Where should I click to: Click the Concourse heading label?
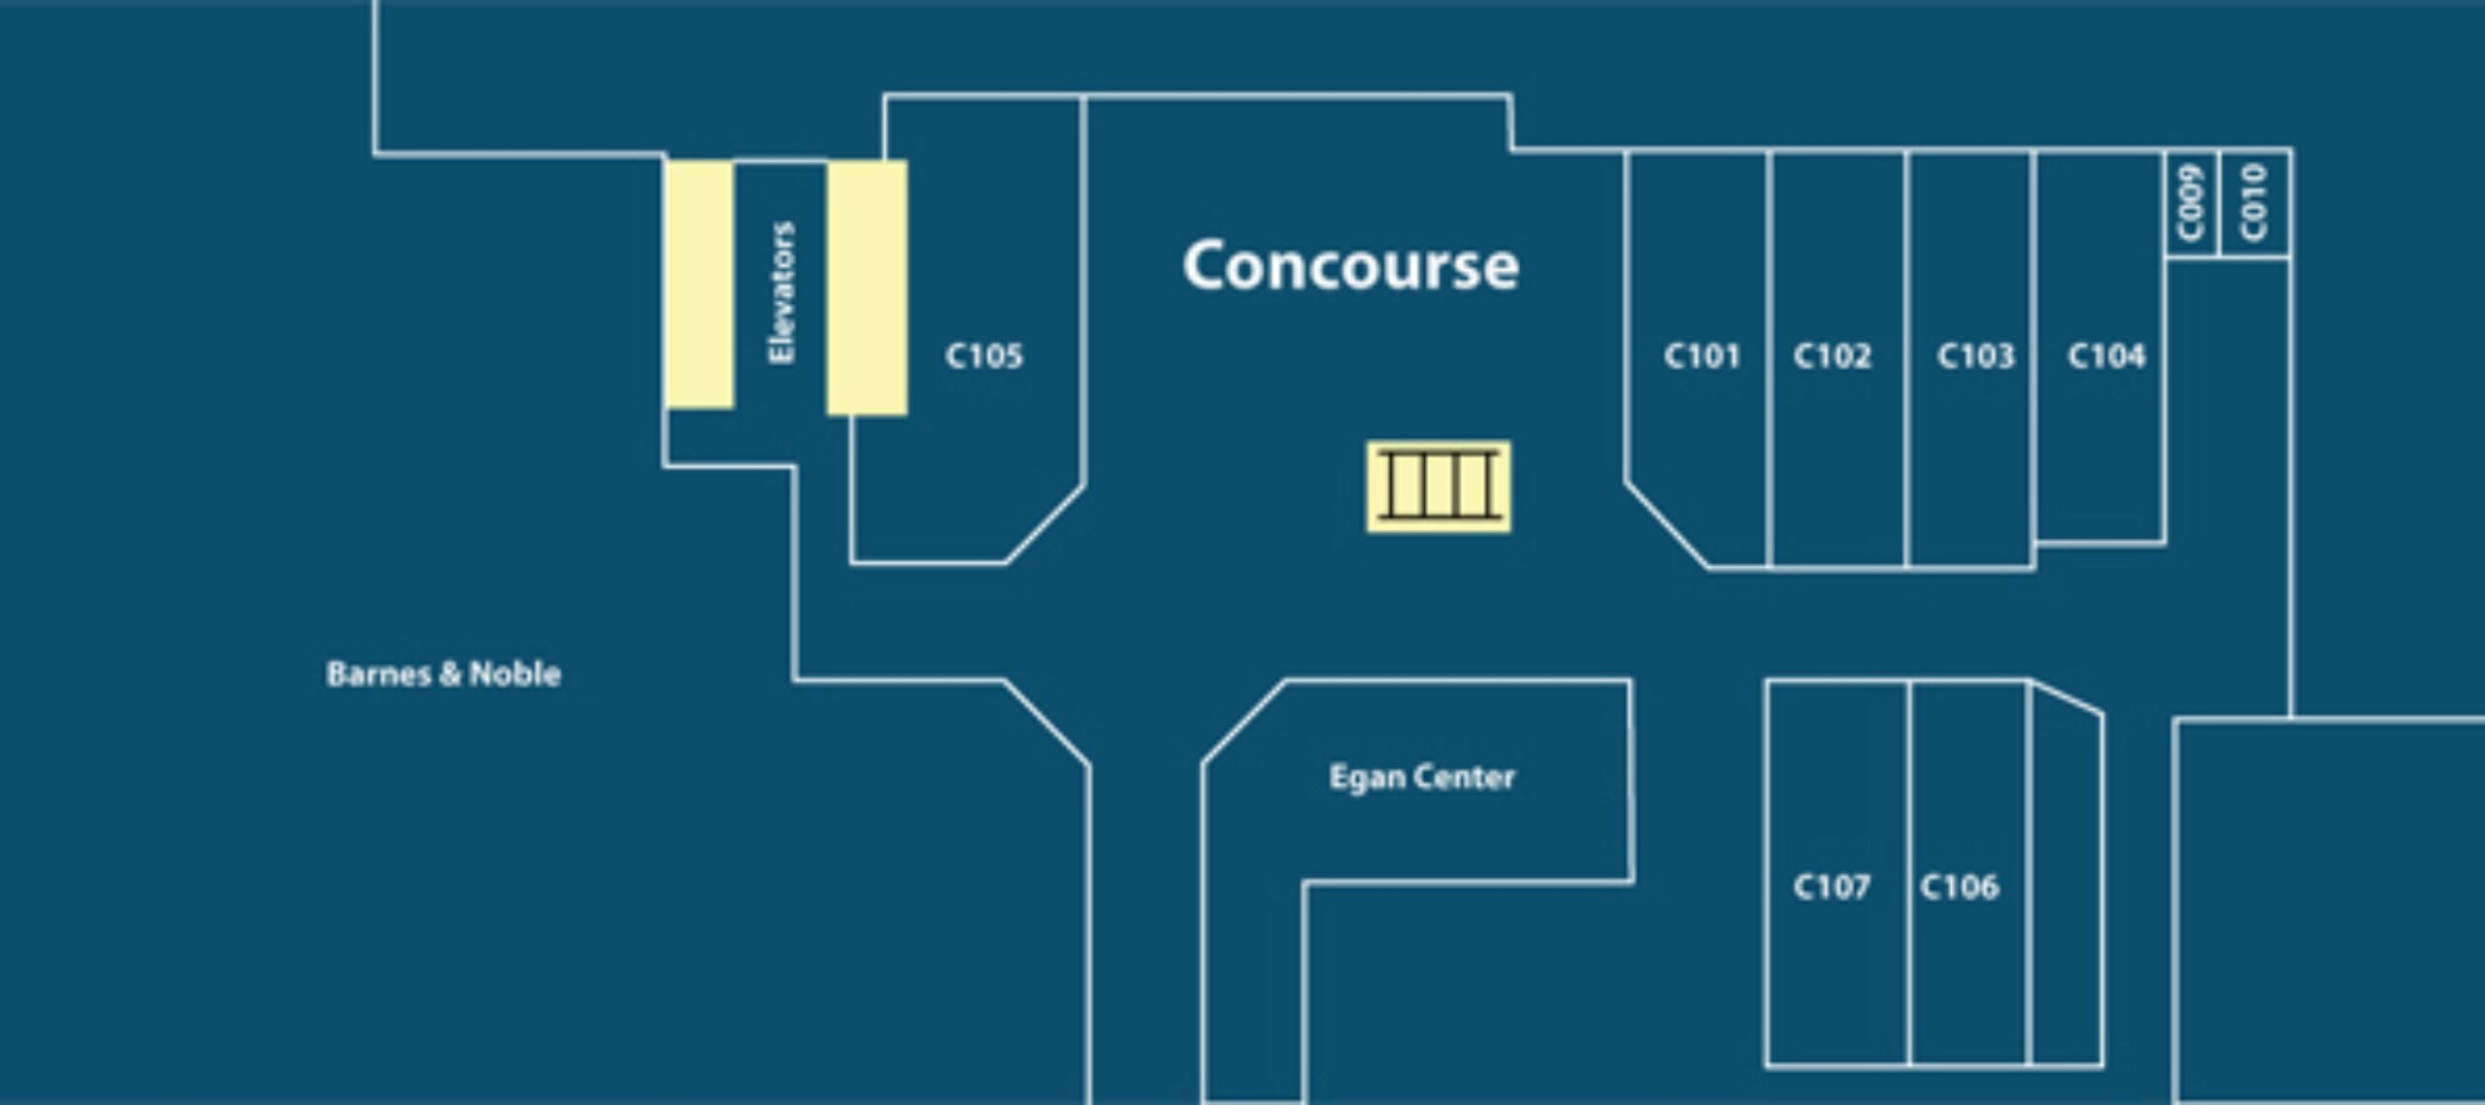click(1350, 266)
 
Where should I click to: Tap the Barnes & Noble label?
click(444, 674)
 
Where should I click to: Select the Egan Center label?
click(1421, 777)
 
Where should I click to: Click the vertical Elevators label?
click(781, 293)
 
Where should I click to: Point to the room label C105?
click(983, 356)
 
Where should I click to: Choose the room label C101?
click(1702, 356)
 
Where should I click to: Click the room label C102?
click(1832, 356)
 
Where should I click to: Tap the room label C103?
click(1975, 356)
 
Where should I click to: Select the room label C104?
click(2105, 356)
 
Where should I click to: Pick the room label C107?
click(1831, 887)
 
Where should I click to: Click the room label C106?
click(1959, 887)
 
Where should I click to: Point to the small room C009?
click(2192, 204)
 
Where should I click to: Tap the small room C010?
click(2255, 204)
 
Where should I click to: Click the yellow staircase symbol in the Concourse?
click(1439, 487)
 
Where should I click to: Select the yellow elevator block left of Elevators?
click(699, 285)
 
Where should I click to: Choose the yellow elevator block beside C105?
click(867, 287)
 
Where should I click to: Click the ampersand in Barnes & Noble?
click(448, 674)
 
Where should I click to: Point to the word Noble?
click(514, 674)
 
